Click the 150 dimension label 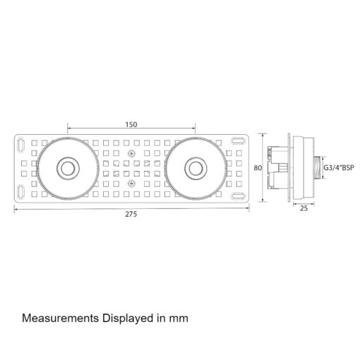(131, 124)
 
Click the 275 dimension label (131, 214)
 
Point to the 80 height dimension (258, 168)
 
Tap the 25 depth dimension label (304, 208)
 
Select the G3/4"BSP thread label (339, 168)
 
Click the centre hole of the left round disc (68, 168)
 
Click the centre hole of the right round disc (196, 168)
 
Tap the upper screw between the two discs (132, 154)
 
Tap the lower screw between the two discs (132, 184)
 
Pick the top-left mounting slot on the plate (21, 144)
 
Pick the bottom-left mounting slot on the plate (21, 191)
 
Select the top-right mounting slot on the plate (237, 140)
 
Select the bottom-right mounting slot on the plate (237, 196)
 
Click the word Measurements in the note (60, 318)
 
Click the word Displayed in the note (128, 319)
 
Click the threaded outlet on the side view (317, 168)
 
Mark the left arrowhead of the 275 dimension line (16, 208)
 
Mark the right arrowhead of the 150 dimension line (193, 128)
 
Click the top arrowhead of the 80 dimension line (263, 135)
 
